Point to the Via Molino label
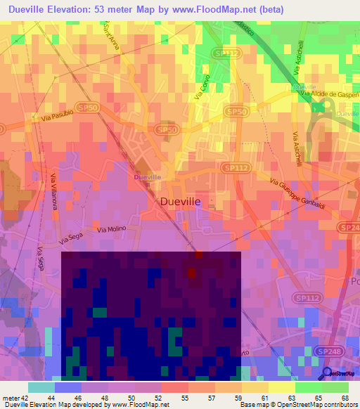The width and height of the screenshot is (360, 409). coord(111,229)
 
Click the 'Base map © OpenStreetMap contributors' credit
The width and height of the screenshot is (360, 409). coord(297,405)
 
